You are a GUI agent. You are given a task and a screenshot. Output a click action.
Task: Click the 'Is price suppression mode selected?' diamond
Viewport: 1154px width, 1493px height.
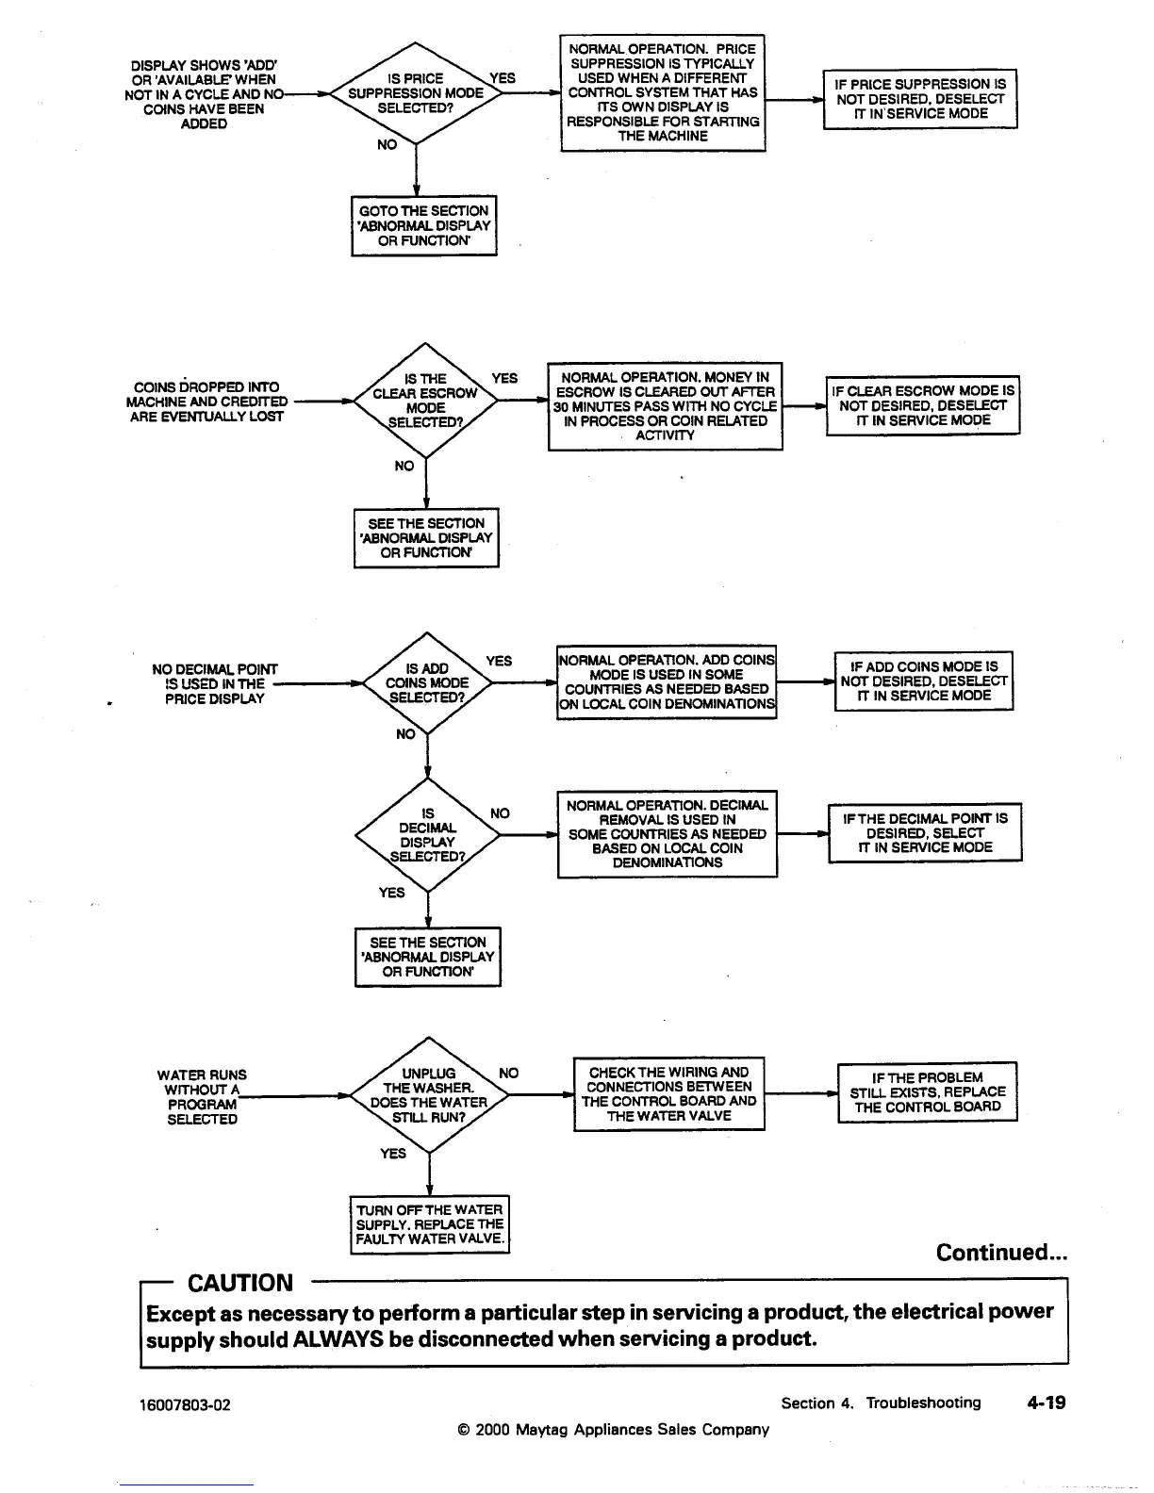click(415, 93)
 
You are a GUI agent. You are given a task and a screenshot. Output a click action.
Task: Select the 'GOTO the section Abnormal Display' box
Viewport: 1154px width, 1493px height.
click(423, 225)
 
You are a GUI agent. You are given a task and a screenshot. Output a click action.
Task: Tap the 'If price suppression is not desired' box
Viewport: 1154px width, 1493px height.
click(920, 98)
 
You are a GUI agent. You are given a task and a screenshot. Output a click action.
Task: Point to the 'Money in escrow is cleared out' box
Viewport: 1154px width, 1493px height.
click(665, 406)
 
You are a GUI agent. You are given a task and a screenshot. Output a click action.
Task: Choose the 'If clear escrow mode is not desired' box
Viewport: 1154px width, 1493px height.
click(923, 405)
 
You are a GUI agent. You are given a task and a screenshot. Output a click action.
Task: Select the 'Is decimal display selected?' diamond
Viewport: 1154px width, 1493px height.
click(427, 835)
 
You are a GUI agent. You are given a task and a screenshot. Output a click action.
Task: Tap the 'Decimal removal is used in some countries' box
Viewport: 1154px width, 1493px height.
click(667, 834)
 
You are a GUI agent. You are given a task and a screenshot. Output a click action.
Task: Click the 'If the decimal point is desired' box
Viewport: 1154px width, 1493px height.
click(925, 833)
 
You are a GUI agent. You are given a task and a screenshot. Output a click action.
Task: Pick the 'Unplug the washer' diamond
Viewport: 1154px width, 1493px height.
click(429, 1095)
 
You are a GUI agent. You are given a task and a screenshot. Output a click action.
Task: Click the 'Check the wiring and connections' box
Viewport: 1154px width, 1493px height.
click(668, 1093)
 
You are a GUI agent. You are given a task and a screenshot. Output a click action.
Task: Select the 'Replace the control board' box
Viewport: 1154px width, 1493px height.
click(928, 1092)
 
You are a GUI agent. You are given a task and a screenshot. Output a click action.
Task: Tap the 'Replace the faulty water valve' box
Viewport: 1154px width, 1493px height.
click(429, 1224)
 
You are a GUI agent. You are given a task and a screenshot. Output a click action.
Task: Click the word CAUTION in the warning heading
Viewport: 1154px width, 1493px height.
click(240, 1283)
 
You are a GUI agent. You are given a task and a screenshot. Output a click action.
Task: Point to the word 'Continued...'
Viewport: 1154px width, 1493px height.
click(1001, 1253)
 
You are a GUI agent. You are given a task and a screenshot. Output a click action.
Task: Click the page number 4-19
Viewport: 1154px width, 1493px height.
click(1047, 1403)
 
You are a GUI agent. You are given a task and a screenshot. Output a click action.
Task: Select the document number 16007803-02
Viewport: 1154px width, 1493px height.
click(186, 1405)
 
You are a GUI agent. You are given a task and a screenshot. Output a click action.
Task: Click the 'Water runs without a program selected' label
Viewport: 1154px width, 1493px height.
click(202, 1097)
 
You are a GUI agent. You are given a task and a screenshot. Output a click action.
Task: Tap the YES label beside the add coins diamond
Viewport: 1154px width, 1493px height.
click(499, 662)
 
